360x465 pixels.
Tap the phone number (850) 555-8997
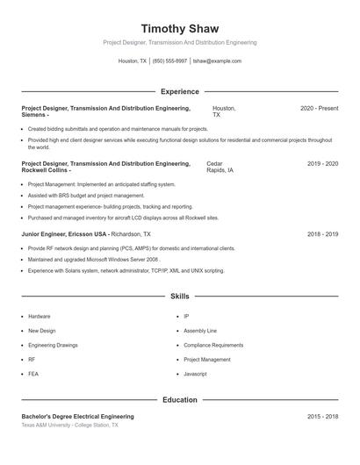pos(169,61)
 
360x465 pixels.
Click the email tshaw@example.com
pos(217,61)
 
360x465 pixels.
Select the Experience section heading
pos(179,91)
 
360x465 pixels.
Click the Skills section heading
pos(179,297)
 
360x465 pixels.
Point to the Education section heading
pos(179,399)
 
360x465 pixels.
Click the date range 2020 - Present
pos(319,108)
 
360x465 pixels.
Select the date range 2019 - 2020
pos(322,163)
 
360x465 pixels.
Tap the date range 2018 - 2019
pos(322,234)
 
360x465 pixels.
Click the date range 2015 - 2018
pos(322,416)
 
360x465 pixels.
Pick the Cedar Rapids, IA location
pos(220,167)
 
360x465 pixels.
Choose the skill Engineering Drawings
pos(53,345)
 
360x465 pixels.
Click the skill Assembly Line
pos(200,331)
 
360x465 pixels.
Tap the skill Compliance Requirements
pos(213,345)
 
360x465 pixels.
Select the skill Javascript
pos(195,374)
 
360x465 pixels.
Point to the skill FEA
pos(33,374)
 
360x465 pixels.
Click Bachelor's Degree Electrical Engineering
pos(77,416)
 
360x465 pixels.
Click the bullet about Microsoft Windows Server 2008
pos(93,260)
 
